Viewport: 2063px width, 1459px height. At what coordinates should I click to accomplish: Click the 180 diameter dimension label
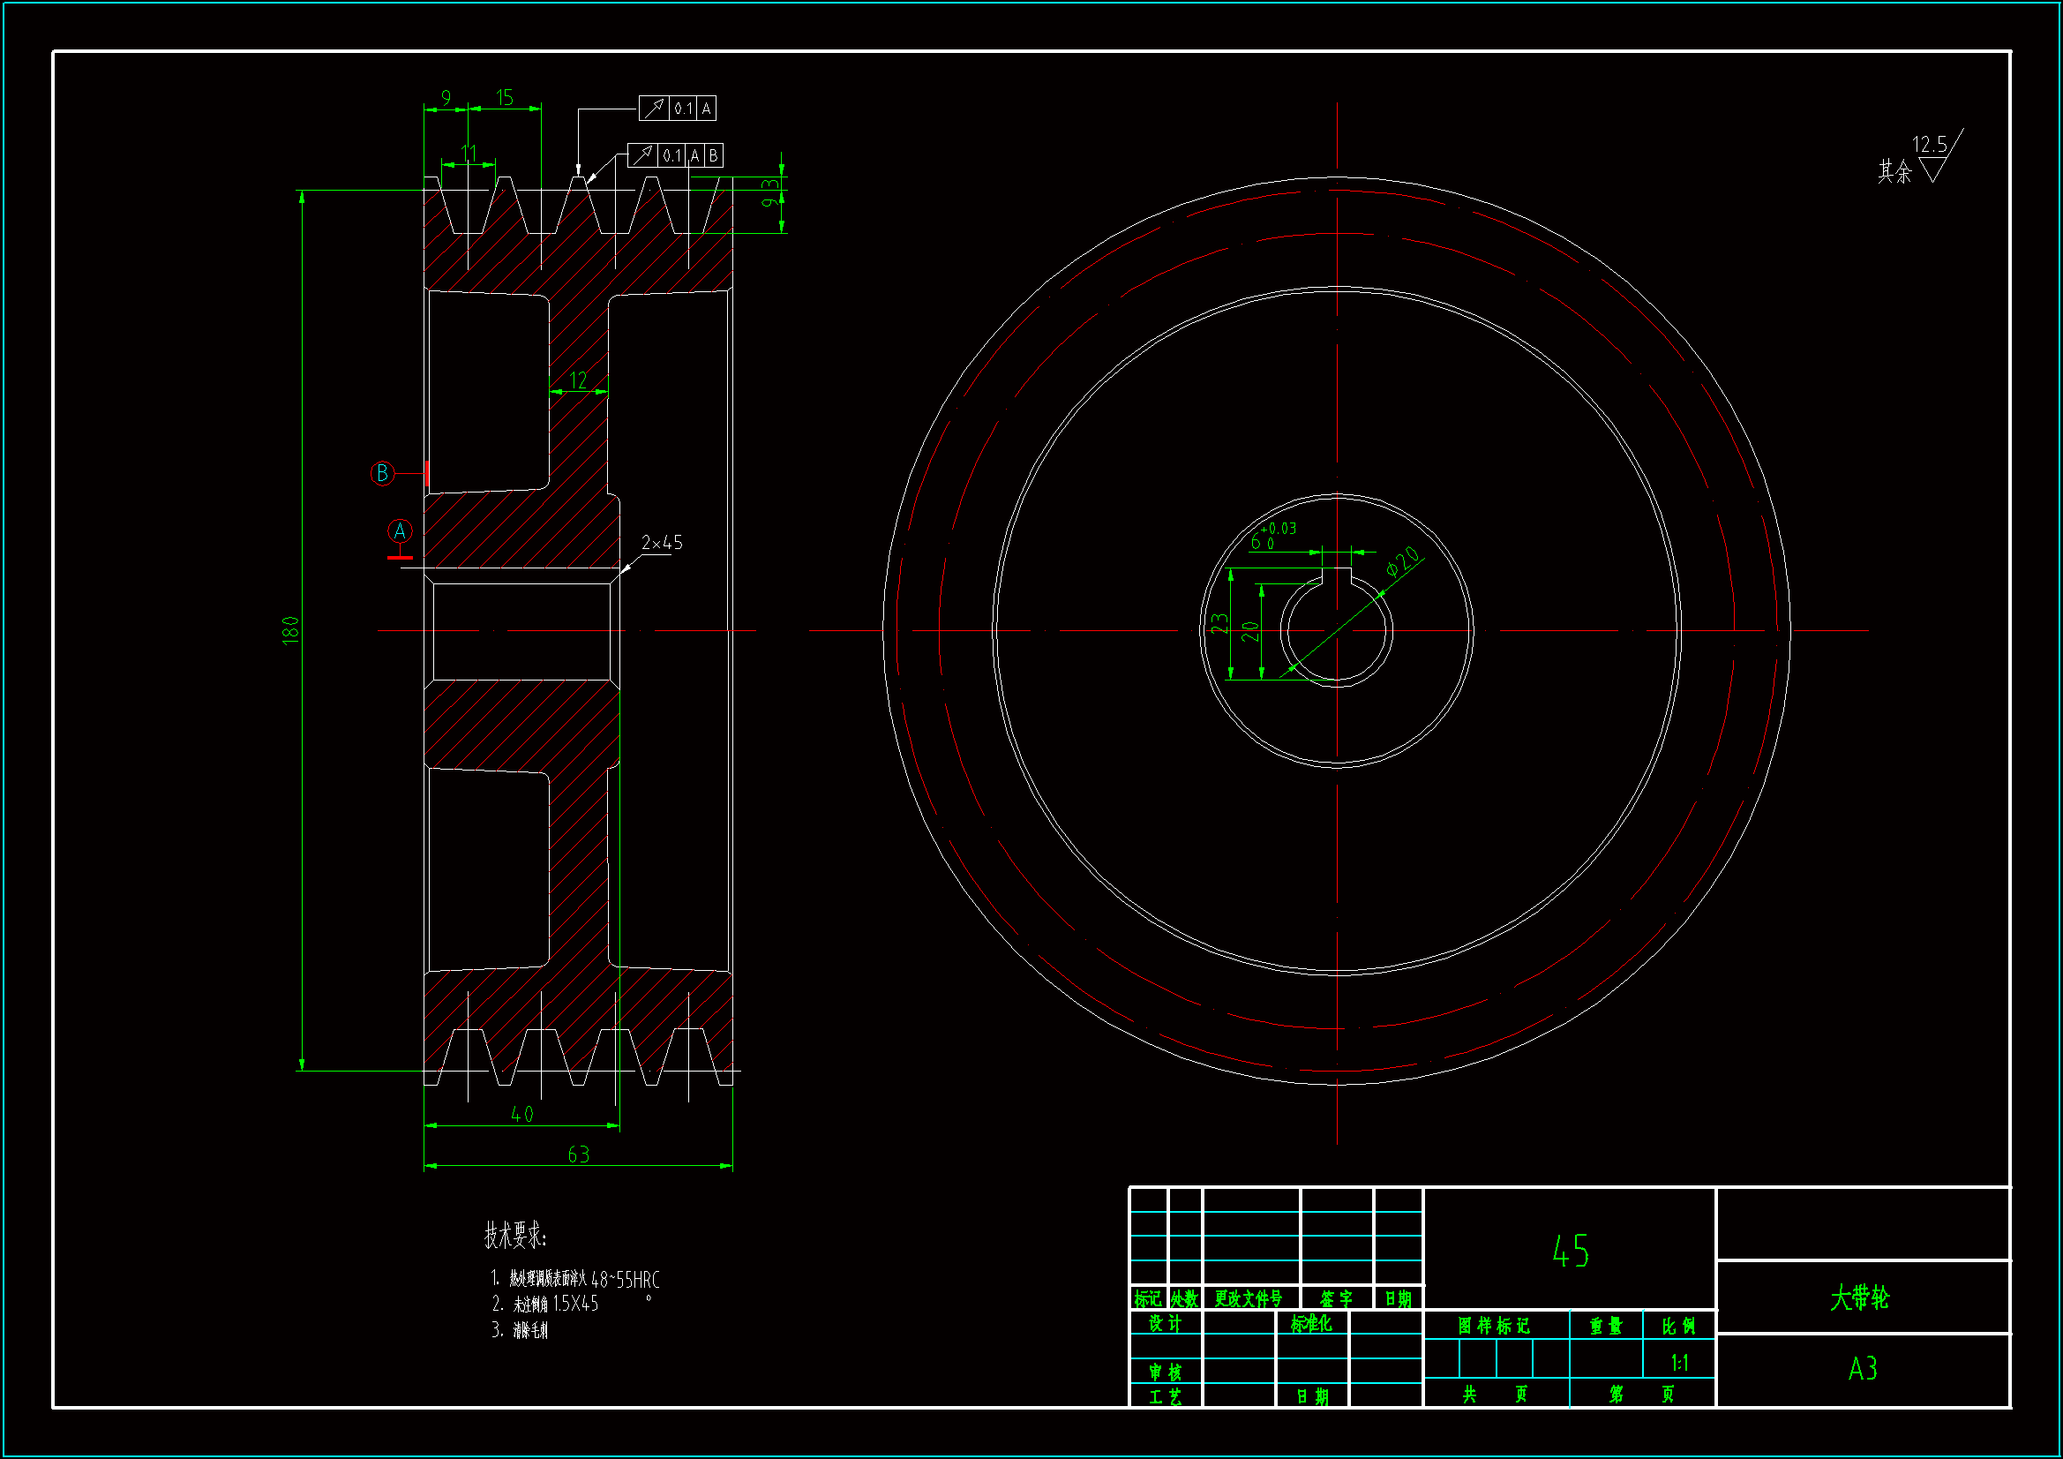tap(290, 629)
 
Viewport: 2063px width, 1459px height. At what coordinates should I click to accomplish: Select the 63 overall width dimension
tap(579, 1154)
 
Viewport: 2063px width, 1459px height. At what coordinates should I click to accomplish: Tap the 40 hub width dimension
tap(522, 1115)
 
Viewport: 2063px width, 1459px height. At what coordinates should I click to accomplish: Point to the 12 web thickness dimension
tap(578, 380)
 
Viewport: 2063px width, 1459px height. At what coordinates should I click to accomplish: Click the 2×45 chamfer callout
tap(661, 543)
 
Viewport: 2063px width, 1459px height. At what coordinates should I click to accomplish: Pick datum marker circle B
tap(383, 473)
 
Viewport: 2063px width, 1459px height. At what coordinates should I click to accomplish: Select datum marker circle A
tap(400, 531)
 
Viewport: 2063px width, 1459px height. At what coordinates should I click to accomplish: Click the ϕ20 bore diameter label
tap(1403, 561)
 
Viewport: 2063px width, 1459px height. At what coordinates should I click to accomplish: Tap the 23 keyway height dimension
tap(1219, 623)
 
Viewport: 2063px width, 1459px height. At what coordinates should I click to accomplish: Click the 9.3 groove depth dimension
tap(771, 192)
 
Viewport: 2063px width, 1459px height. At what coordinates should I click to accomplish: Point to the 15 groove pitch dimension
tap(504, 97)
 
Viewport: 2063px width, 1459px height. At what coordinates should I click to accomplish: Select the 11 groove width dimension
tap(469, 154)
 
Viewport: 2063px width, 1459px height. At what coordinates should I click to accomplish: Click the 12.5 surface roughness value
tap(1929, 145)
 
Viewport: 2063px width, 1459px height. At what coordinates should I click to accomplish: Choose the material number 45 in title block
tap(1570, 1252)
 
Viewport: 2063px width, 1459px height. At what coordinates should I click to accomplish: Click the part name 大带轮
tap(1860, 1298)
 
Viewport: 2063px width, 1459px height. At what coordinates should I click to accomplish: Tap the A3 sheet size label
tap(1863, 1369)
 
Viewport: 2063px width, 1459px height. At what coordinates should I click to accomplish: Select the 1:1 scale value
tap(1678, 1363)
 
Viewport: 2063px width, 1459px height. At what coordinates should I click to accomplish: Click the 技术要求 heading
tap(514, 1235)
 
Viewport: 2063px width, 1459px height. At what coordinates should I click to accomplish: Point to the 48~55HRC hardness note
tap(626, 1279)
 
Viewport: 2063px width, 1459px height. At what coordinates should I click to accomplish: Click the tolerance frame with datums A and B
tap(675, 155)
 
